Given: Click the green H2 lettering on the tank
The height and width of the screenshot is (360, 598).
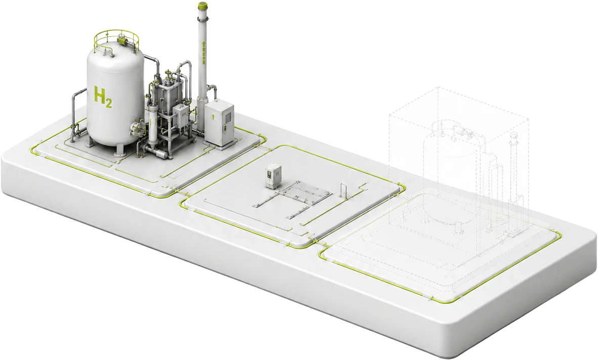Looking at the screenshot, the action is tap(103, 98).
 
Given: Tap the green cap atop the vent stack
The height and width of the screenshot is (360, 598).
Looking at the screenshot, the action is tap(202, 6).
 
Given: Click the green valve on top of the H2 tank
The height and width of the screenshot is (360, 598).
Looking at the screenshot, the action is tap(122, 40).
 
